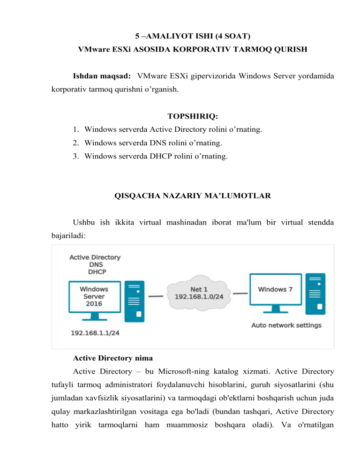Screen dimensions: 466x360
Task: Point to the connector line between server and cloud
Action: tap(156, 296)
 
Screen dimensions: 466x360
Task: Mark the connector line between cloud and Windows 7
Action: tap(240, 294)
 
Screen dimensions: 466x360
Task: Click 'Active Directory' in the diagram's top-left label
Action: tap(95, 257)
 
